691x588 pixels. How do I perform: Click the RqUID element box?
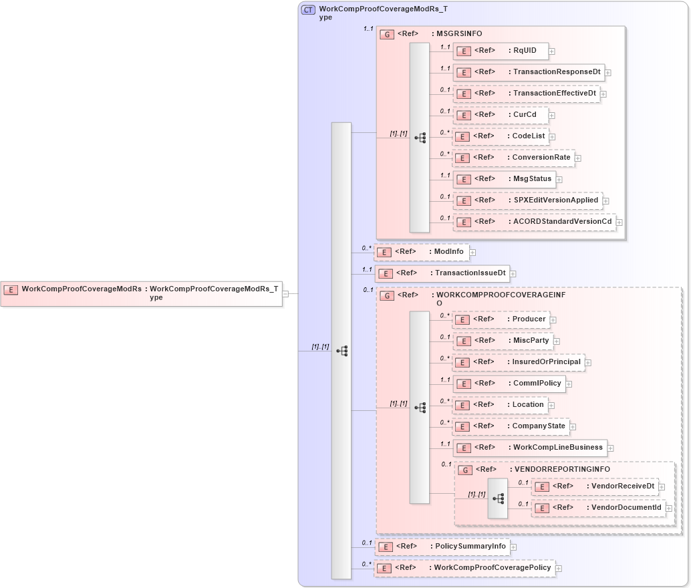(501, 51)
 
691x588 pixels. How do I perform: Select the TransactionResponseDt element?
(529, 72)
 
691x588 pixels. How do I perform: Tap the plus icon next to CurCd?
(552, 116)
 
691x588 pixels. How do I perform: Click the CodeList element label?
(529, 136)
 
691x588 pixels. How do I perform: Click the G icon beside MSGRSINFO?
(386, 34)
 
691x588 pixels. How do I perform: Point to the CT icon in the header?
(308, 10)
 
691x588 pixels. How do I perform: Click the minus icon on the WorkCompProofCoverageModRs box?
(285, 293)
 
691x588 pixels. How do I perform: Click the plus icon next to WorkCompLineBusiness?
(611, 448)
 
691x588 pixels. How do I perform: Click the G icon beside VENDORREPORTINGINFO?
(465, 470)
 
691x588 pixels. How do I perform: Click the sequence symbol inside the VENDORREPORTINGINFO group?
(498, 498)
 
